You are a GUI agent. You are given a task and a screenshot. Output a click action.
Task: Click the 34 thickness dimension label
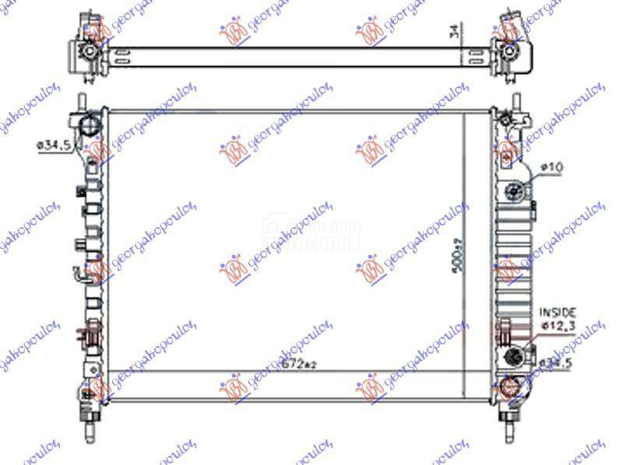pos(453,33)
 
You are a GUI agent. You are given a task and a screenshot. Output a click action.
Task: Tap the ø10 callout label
pos(552,167)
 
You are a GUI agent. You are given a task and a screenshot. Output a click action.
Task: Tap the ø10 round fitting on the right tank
pos(513,189)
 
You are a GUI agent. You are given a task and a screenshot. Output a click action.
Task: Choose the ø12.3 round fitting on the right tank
pos(514,356)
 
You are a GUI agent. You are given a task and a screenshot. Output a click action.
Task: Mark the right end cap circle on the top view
pos(509,51)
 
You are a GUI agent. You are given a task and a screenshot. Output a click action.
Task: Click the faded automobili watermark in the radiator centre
pos(311,234)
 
